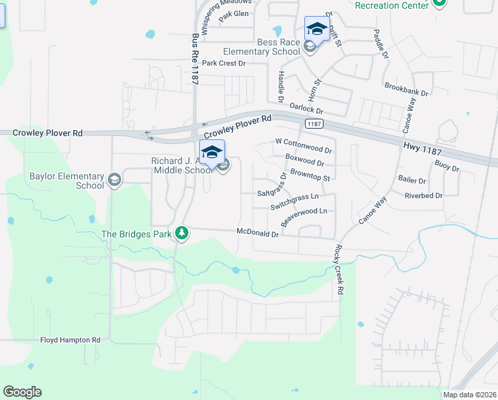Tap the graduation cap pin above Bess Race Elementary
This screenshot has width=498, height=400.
(316, 29)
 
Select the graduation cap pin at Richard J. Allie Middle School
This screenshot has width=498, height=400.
(212, 153)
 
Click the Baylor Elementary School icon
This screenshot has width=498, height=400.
(115, 179)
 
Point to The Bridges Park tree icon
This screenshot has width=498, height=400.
(181, 233)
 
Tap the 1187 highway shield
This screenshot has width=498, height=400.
(314, 124)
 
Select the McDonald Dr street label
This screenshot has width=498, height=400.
(258, 233)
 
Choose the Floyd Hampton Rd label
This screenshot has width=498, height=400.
(69, 340)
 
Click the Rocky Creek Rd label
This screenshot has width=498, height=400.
(339, 269)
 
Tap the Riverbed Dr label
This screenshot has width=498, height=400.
(423, 196)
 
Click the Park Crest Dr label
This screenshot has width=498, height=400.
(224, 63)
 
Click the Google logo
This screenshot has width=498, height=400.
(22, 392)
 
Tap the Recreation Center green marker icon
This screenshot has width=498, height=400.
(438, 3)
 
